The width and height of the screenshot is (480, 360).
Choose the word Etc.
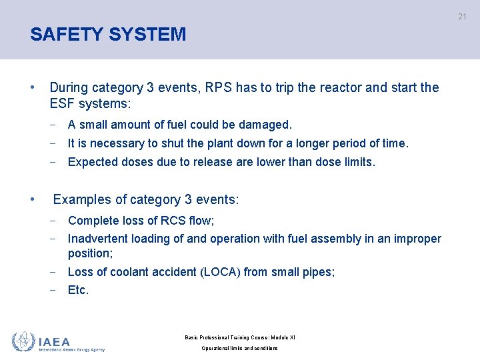point(78,290)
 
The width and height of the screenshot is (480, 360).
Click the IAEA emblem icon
point(23,341)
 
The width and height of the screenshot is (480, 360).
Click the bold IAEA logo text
point(54,341)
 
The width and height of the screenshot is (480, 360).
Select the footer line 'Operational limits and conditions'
point(239,348)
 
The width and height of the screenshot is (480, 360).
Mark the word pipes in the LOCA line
point(319,271)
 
